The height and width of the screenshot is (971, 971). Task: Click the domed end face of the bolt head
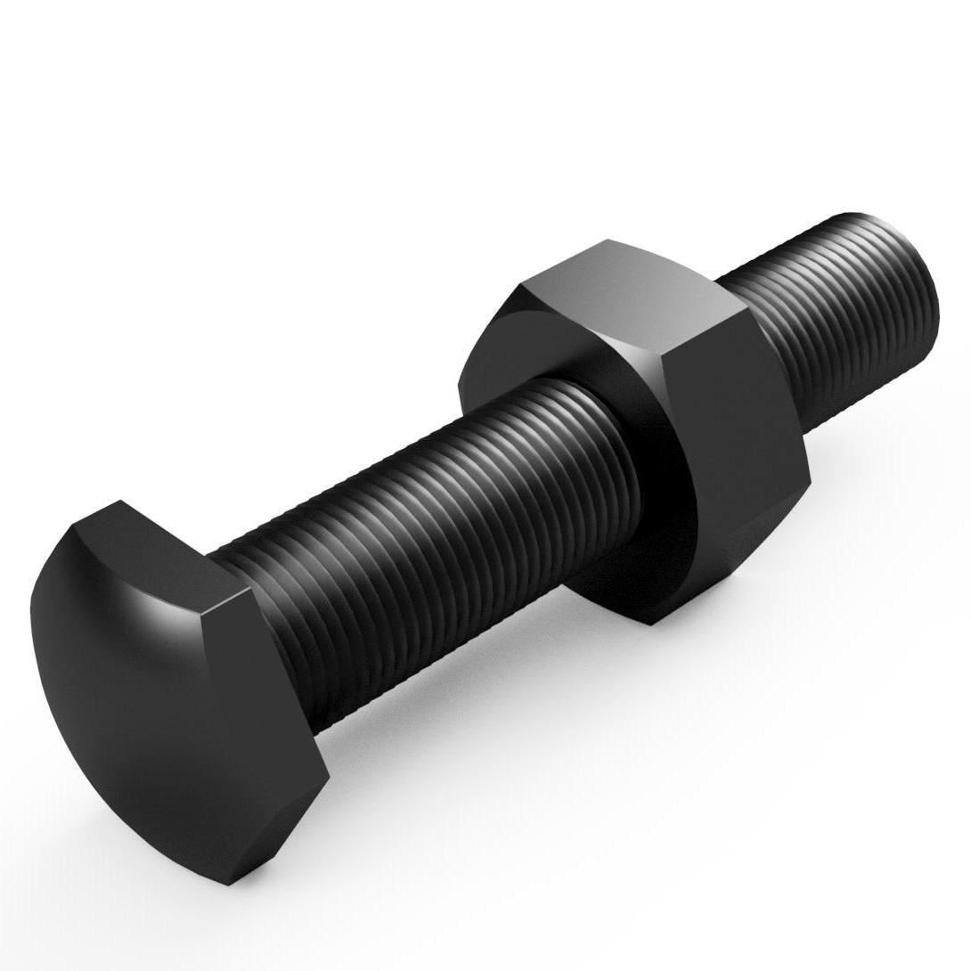pos(134,704)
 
